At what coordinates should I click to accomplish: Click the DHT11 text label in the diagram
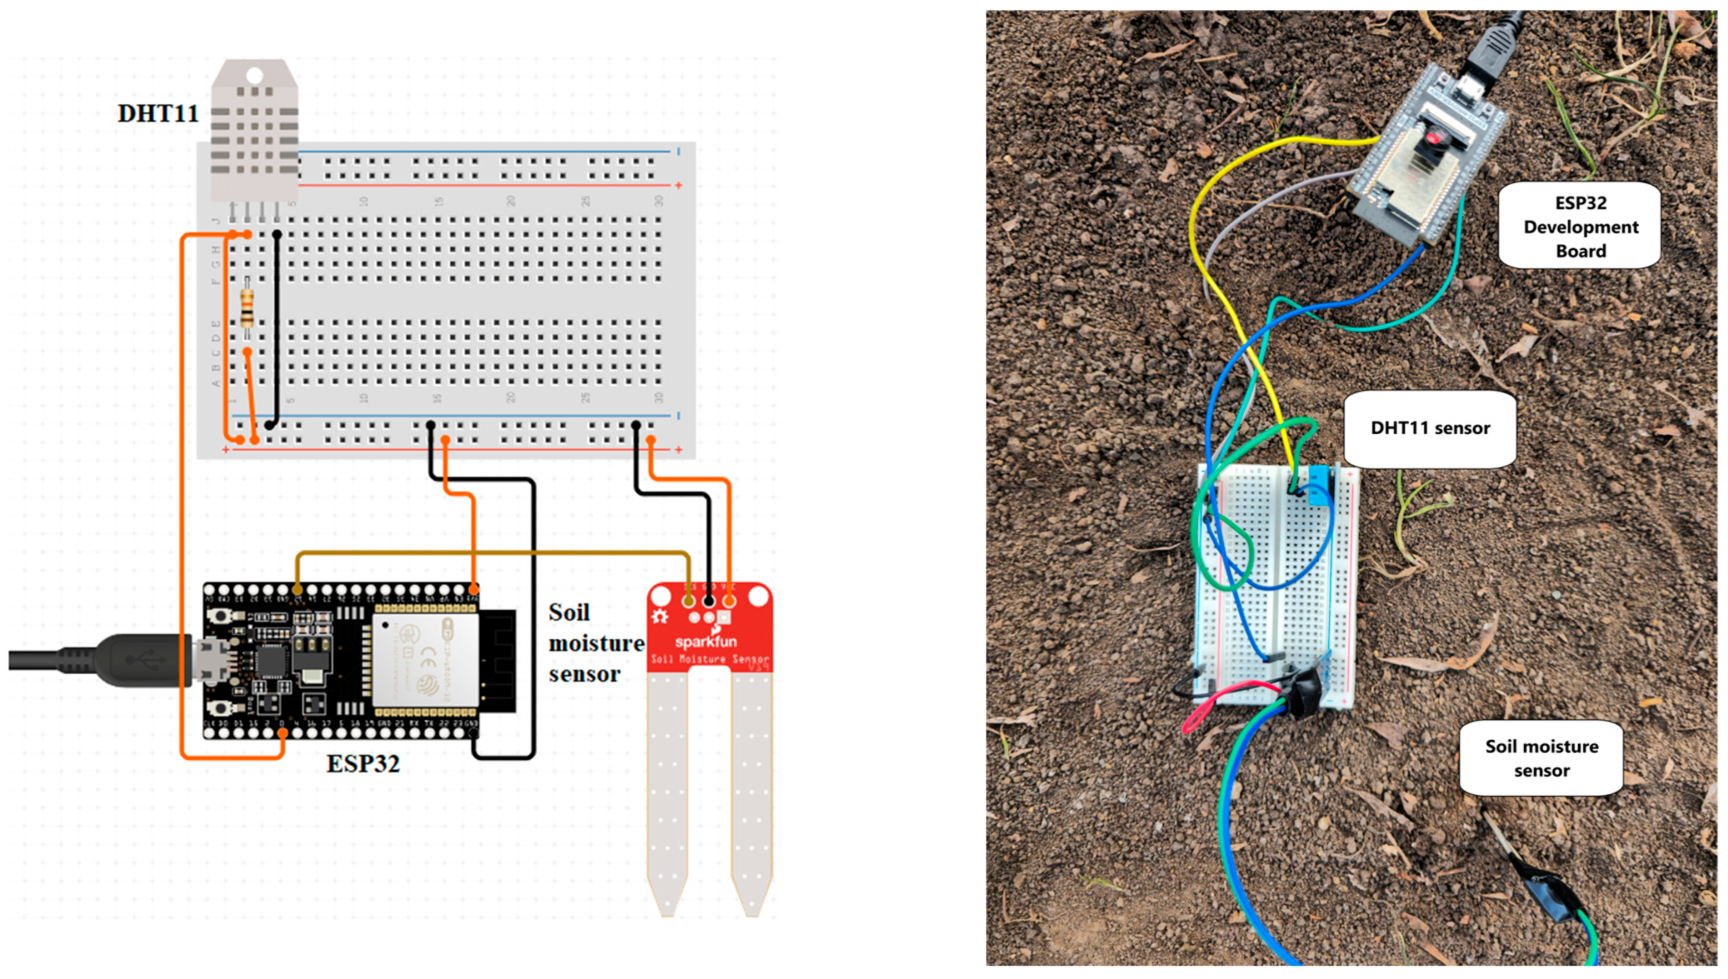click(x=158, y=113)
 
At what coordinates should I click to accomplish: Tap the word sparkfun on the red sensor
click(x=706, y=641)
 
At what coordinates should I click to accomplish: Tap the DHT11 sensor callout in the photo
click(x=1429, y=428)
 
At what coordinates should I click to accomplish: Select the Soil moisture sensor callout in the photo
click(x=1541, y=758)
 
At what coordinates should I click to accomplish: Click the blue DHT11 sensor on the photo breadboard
click(x=1319, y=485)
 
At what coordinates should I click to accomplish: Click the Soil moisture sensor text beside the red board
click(x=595, y=643)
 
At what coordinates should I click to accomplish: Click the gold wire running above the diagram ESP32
click(x=491, y=553)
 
